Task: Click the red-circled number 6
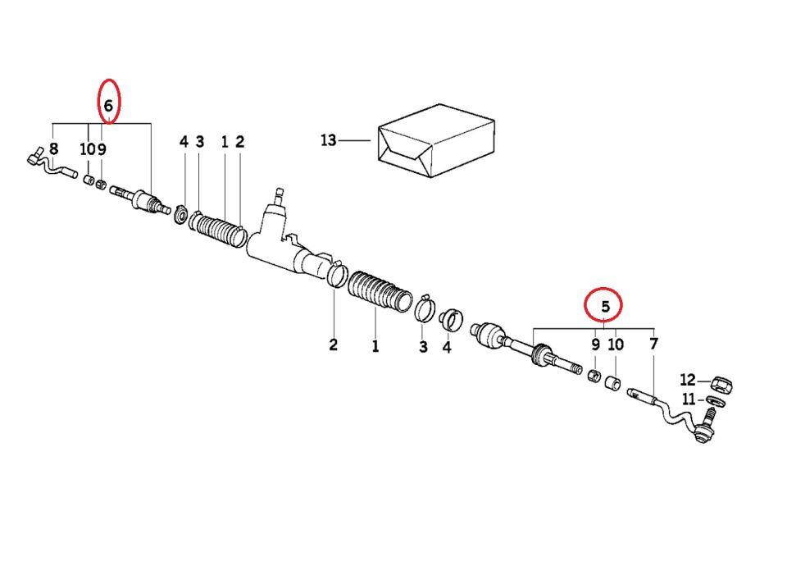coord(108,106)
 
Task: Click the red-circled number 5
coord(605,306)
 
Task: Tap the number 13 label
coord(328,140)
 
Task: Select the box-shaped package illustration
coord(436,140)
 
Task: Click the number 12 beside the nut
coord(688,380)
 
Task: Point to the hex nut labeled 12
coord(721,386)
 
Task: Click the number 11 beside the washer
coord(689,399)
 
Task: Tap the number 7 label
coord(653,344)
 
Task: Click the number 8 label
coord(53,148)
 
